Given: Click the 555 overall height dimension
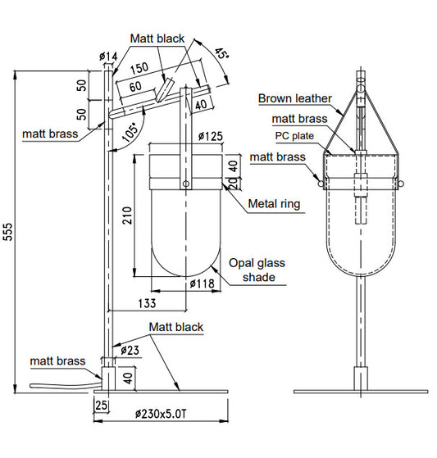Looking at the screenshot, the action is pyautogui.click(x=8, y=232).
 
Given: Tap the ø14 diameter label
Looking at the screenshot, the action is pyautogui.click(x=108, y=56).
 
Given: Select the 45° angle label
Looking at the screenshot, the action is pyautogui.click(x=221, y=54).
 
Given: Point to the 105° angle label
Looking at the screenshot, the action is pyautogui.click(x=130, y=132).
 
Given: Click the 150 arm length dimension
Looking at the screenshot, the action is pyautogui.click(x=139, y=68).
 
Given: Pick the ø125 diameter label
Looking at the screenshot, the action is pyautogui.click(x=211, y=136).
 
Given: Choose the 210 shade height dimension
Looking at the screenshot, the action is pyautogui.click(x=127, y=215).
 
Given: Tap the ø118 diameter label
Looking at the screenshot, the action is pyautogui.click(x=202, y=283).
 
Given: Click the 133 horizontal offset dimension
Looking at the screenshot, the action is pyautogui.click(x=147, y=303).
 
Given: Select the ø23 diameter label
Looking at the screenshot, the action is pyautogui.click(x=130, y=350).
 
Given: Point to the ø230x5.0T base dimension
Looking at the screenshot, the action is pyautogui.click(x=161, y=414).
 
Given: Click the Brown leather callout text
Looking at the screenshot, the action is pyautogui.click(x=295, y=98).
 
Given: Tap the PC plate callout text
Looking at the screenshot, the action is pyautogui.click(x=294, y=136).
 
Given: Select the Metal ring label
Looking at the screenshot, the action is pyautogui.click(x=274, y=204).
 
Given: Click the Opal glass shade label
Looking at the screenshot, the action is pyautogui.click(x=257, y=270).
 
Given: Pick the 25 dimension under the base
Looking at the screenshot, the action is pyautogui.click(x=101, y=406).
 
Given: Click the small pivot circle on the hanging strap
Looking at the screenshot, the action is pyautogui.click(x=185, y=184).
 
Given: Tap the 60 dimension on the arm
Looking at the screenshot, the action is pyautogui.click(x=135, y=87).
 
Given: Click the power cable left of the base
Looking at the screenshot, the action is pyautogui.click(x=66, y=384).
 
